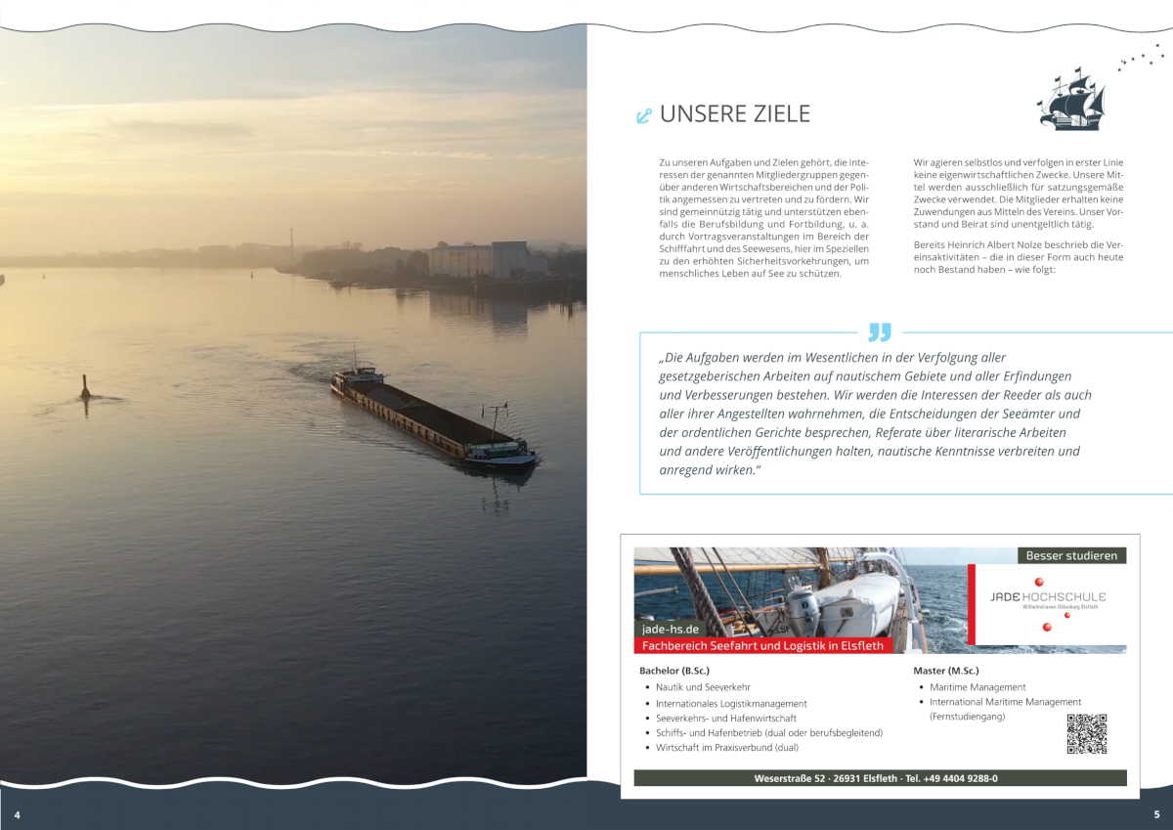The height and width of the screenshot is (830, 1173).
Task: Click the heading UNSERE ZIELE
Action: click(735, 114)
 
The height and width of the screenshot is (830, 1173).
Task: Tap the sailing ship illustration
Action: click(1071, 99)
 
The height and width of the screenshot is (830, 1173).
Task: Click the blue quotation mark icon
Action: click(880, 331)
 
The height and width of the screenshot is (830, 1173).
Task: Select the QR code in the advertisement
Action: click(1086, 733)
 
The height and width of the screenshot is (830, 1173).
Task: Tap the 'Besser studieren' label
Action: click(1071, 555)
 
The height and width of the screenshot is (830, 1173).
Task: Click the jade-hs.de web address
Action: click(669, 629)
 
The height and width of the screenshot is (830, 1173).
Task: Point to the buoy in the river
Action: click(85, 387)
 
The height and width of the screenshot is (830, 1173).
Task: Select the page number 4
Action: click(17, 814)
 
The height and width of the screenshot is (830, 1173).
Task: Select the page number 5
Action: click(1156, 814)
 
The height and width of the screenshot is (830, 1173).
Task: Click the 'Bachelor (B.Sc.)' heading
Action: click(674, 671)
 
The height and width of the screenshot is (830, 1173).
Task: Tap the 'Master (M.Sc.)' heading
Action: click(945, 671)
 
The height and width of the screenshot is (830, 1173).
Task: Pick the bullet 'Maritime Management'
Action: click(977, 687)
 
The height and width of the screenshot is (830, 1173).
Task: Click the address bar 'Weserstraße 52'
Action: click(880, 778)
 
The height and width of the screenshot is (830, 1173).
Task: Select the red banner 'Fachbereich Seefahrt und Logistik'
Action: click(762, 645)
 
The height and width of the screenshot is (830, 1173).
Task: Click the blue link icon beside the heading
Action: click(643, 116)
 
